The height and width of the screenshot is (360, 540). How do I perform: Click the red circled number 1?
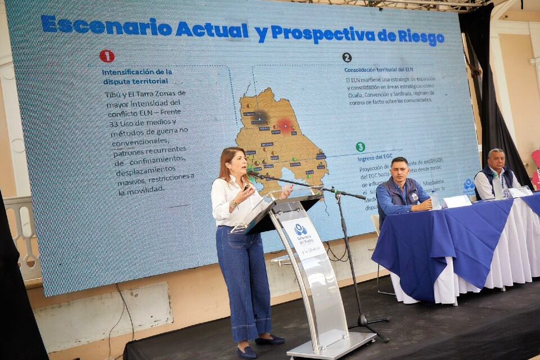(x=107, y=56)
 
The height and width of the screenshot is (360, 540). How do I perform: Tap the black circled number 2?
(x=347, y=57)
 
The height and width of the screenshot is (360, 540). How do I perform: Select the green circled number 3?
(x=360, y=147)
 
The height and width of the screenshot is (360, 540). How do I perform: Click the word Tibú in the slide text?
(x=112, y=94)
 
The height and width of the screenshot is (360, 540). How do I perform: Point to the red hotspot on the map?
(x=285, y=125)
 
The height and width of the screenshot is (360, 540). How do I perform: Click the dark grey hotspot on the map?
(x=260, y=116)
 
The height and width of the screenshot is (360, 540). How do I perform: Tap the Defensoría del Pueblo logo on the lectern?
(x=300, y=229)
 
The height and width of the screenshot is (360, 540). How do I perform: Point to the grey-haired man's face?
(x=496, y=161)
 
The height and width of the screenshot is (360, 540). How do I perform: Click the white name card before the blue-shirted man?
(x=456, y=201)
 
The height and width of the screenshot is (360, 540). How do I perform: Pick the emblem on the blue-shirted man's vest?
(x=413, y=196)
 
